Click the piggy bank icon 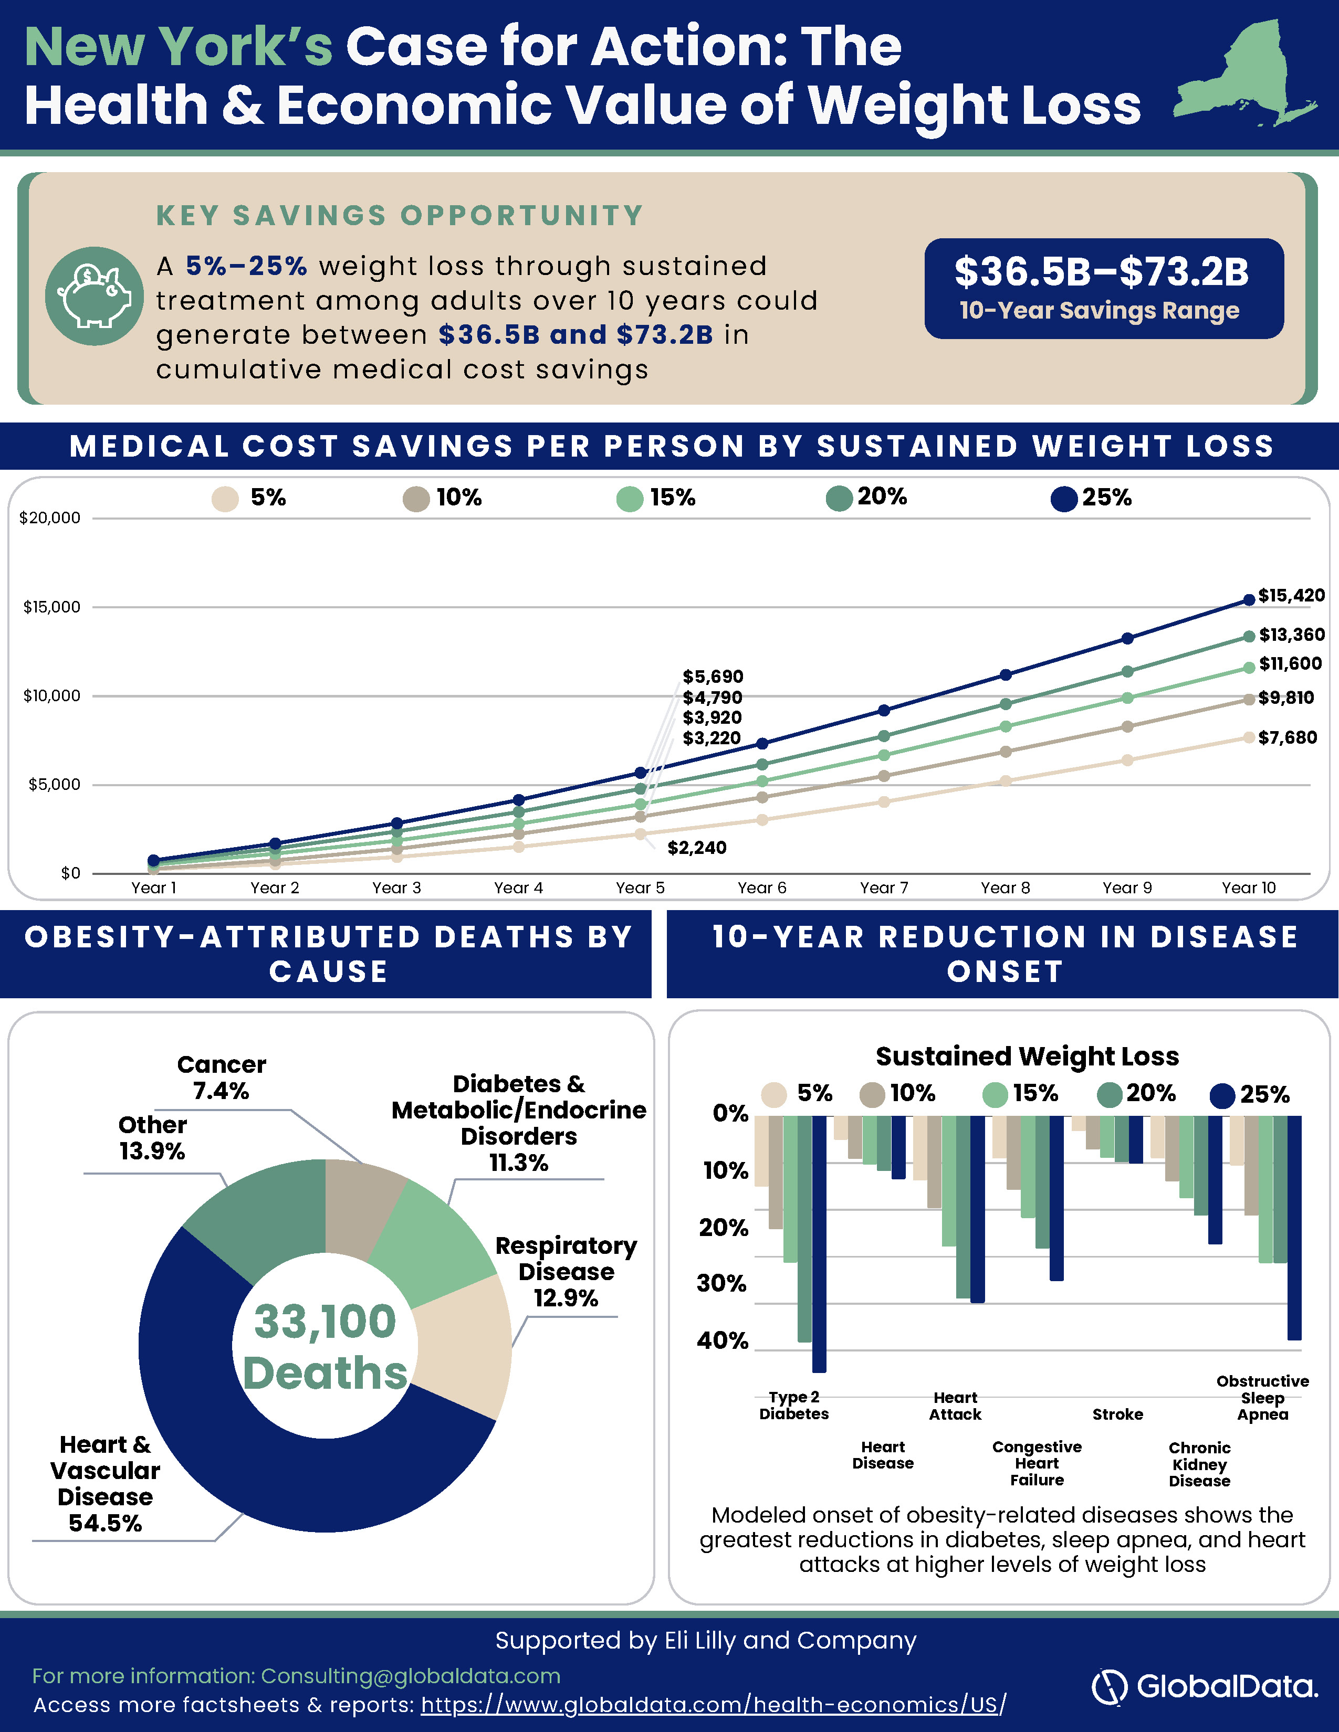[x=95, y=296]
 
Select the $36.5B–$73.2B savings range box [x=1103, y=289]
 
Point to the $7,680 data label [x=1286, y=737]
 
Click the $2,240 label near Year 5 [x=696, y=848]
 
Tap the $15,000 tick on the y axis [x=51, y=607]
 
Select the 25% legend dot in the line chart [x=1064, y=499]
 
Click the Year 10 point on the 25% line [x=1249, y=599]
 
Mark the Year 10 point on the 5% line [x=1249, y=737]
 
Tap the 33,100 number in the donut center [x=325, y=1321]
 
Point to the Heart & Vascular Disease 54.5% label [x=104, y=1483]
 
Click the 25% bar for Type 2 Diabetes [x=819, y=1243]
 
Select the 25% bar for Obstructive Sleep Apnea [x=1294, y=1228]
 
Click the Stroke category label [x=1118, y=1414]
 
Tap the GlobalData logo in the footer [x=1204, y=1686]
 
